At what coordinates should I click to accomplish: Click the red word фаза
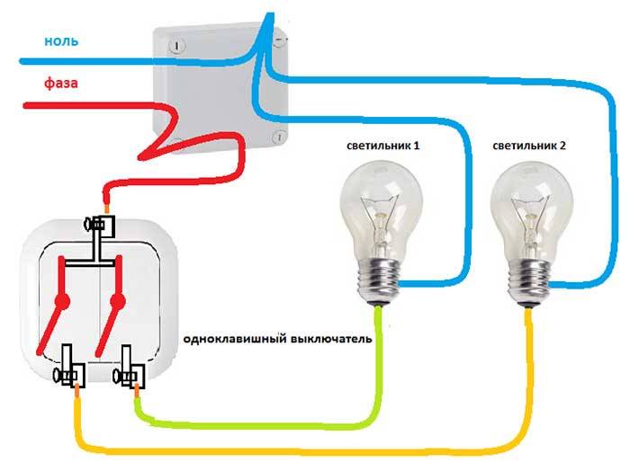point(60,84)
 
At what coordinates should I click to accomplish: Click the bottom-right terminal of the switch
point(131,371)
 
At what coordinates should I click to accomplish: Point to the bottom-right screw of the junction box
point(279,138)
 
